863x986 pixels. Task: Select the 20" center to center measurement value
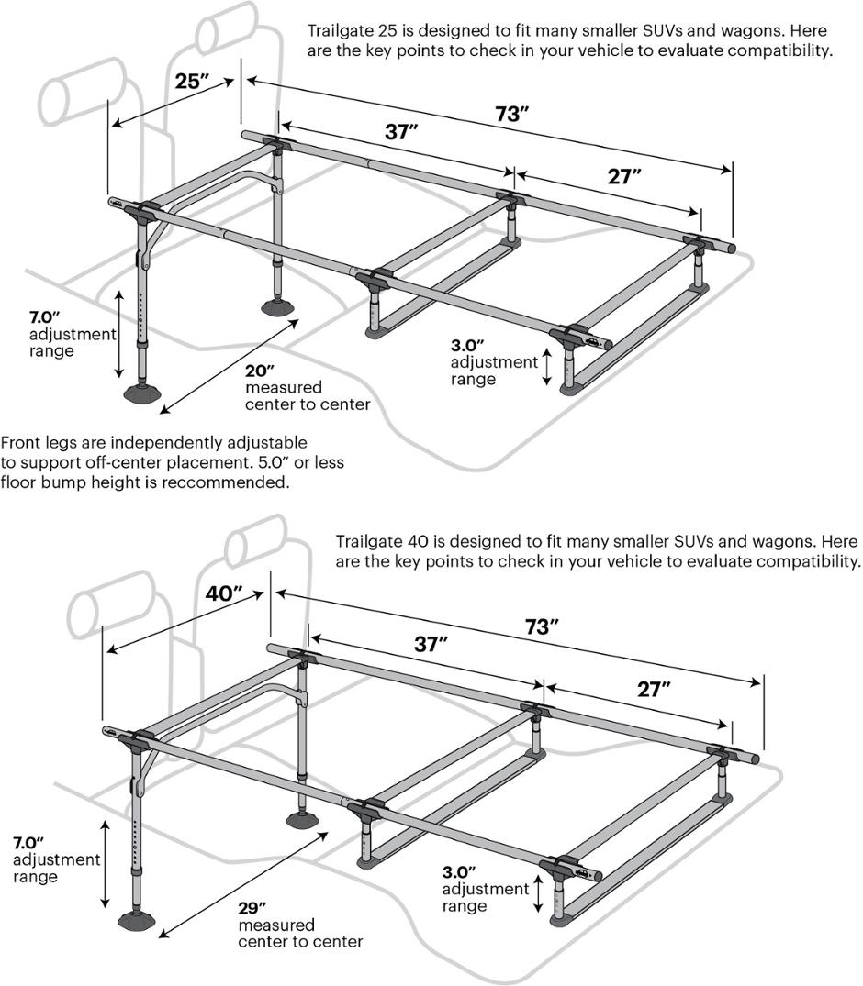(260, 371)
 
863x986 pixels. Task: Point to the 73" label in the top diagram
(511, 115)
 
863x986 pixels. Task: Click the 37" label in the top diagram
(400, 132)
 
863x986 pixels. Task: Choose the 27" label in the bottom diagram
(654, 690)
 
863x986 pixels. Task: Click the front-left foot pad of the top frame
(144, 394)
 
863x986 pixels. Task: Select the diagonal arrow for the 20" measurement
(229, 361)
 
